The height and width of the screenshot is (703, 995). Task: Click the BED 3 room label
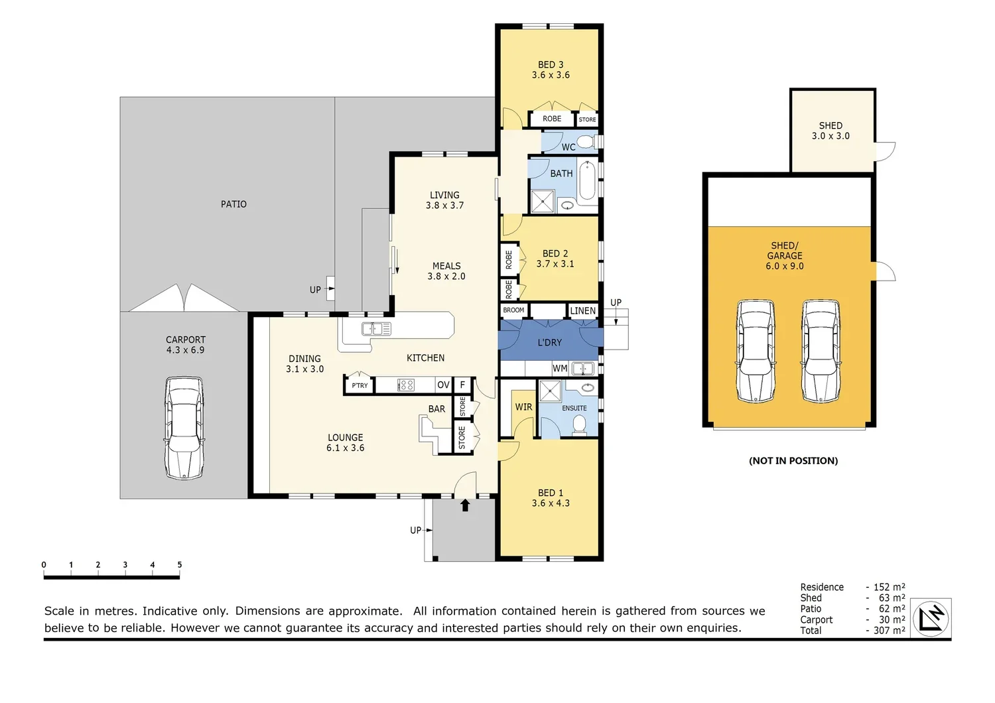551,70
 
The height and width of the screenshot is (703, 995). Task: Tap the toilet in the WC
587,142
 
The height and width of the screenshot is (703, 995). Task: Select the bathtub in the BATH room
587,181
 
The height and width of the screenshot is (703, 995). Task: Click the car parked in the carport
184,428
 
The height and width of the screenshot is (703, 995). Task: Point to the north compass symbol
931,619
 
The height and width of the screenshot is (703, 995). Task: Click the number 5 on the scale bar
180,565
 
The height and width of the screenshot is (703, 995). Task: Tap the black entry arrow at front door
465,505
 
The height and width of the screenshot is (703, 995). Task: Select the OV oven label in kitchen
443,385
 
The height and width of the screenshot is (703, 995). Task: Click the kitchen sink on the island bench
376,329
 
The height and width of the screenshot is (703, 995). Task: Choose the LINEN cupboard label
582,310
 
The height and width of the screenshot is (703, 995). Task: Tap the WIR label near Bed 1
523,407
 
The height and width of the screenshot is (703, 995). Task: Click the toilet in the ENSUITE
579,424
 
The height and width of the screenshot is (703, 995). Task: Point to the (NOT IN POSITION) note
793,461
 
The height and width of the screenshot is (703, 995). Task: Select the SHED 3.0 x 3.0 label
830,131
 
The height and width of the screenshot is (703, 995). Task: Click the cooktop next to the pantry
405,385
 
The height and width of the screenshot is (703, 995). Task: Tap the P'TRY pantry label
360,385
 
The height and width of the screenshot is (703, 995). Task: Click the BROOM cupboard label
513,310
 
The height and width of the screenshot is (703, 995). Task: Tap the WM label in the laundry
560,368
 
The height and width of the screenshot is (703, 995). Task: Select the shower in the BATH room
543,202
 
